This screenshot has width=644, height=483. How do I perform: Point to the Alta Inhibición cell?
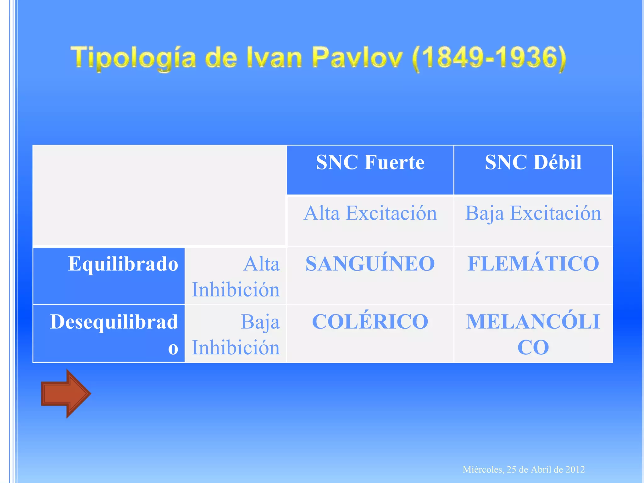[x=236, y=276]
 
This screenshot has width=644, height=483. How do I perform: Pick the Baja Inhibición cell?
[x=236, y=335]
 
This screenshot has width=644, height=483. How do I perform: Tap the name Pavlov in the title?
[x=358, y=58]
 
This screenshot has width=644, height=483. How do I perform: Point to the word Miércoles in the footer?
[x=483, y=469]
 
